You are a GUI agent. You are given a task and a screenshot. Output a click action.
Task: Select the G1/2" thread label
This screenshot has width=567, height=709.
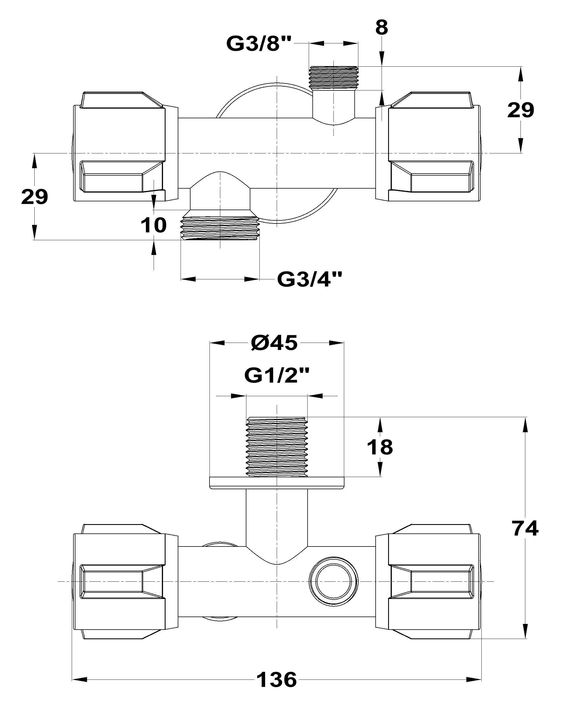coord(277,375)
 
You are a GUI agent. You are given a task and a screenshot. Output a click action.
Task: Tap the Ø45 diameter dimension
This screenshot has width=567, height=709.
coord(274,343)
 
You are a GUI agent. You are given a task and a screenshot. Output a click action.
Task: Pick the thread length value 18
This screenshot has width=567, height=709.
coord(380,447)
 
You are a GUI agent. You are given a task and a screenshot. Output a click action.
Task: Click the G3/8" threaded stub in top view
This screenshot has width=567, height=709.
coord(333,77)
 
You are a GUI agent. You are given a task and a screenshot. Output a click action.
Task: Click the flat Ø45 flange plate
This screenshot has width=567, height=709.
coord(277,483)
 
